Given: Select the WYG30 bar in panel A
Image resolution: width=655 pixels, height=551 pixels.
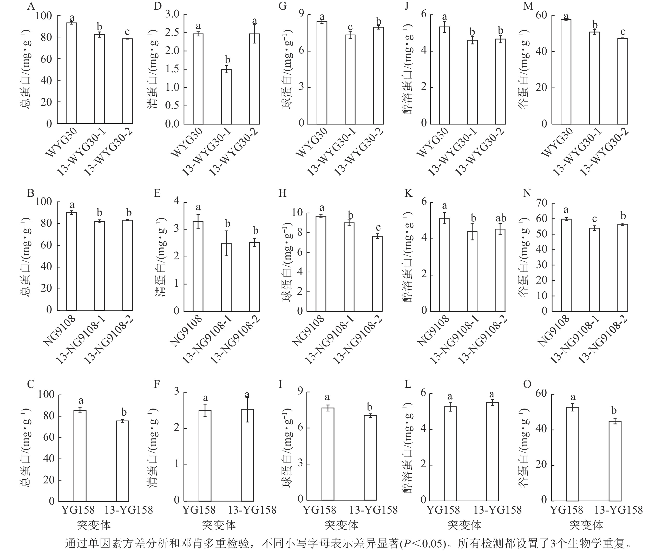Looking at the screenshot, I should click(x=71, y=73).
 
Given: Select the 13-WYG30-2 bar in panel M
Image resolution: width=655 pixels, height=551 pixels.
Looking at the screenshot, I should click(x=623, y=81).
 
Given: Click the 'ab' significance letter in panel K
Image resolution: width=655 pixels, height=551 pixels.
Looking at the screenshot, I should click(x=501, y=218).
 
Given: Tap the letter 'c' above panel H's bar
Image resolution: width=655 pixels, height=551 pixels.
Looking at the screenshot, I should click(x=378, y=227).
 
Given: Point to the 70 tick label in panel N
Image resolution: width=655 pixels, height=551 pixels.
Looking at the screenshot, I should click(x=542, y=203).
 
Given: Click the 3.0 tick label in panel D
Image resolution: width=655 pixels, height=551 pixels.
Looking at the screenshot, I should click(x=172, y=14).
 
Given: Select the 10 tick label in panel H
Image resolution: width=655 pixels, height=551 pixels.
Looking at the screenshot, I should click(x=298, y=213).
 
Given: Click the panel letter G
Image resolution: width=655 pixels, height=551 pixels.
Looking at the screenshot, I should click(x=282, y=6).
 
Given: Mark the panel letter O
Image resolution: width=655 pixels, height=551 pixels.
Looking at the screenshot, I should click(x=527, y=384).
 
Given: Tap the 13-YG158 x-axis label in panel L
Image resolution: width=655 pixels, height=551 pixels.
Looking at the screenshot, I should click(x=497, y=510).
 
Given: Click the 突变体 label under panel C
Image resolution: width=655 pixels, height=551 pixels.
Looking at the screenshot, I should click(x=94, y=525).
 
